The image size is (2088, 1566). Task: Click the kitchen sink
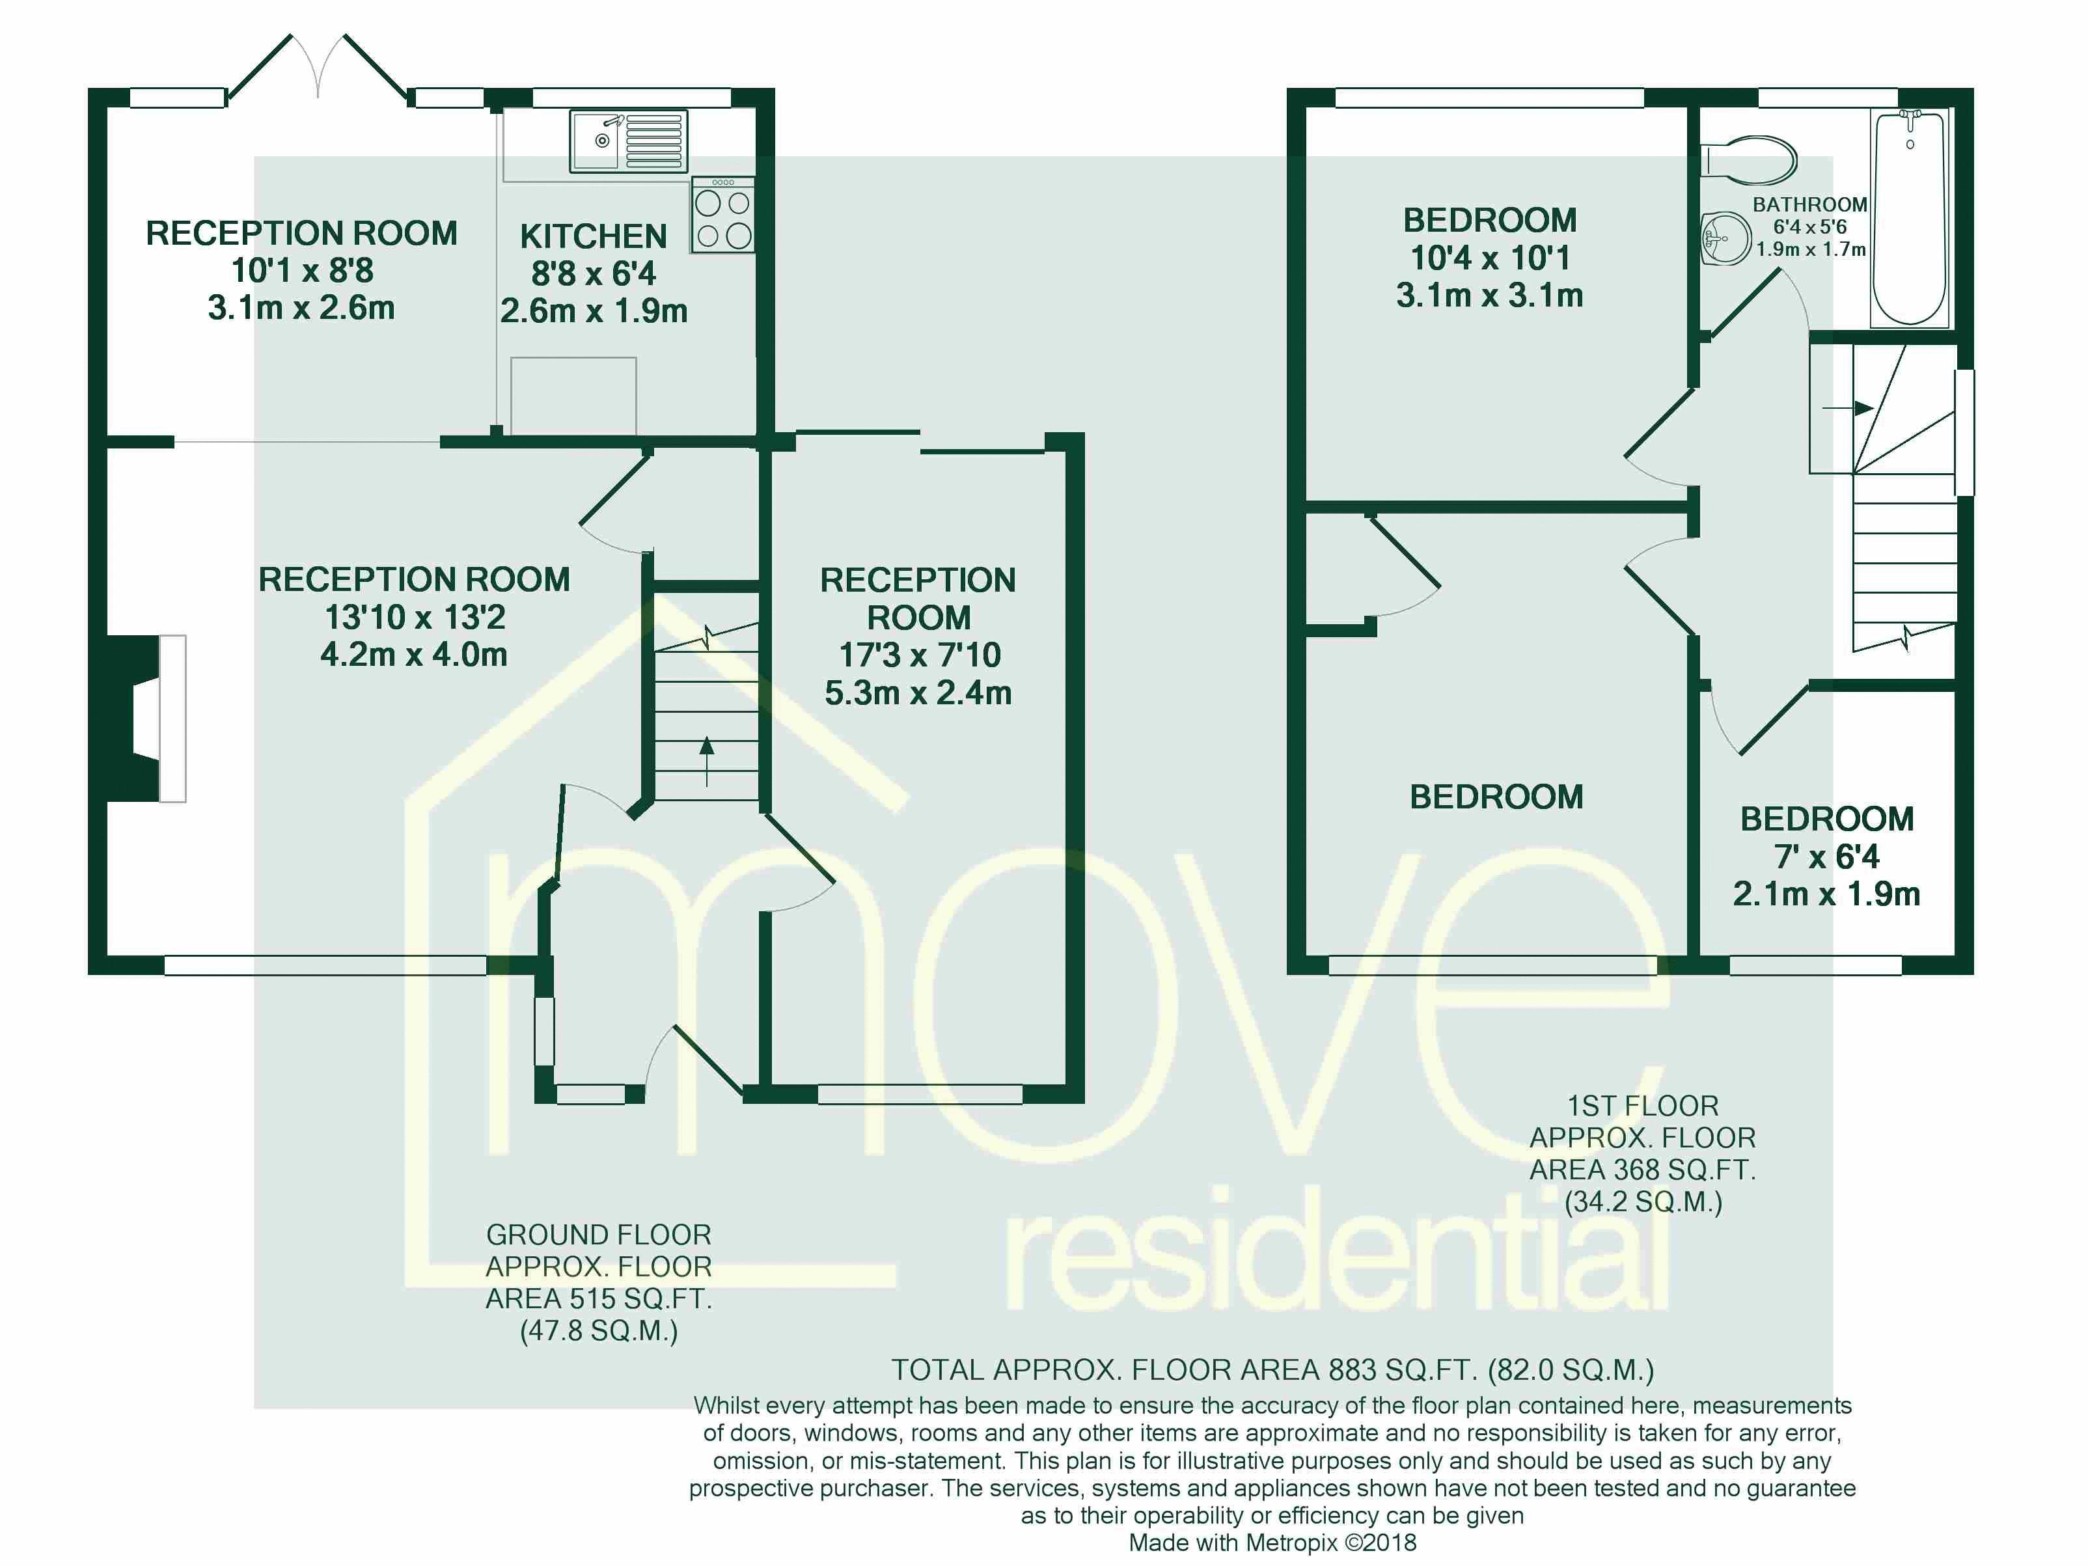click(x=627, y=142)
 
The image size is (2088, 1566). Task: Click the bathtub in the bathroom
click(x=1908, y=217)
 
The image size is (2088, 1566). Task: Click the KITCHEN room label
click(x=593, y=236)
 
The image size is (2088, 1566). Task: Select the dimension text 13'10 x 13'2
click(x=415, y=616)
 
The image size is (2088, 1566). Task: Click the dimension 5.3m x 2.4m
click(x=918, y=693)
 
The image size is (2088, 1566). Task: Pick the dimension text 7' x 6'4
click(x=1826, y=856)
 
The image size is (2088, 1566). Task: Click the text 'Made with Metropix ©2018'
click(x=1272, y=1543)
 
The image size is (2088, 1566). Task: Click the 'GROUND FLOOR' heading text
click(x=598, y=1235)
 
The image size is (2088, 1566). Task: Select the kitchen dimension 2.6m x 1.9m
click(x=594, y=310)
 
